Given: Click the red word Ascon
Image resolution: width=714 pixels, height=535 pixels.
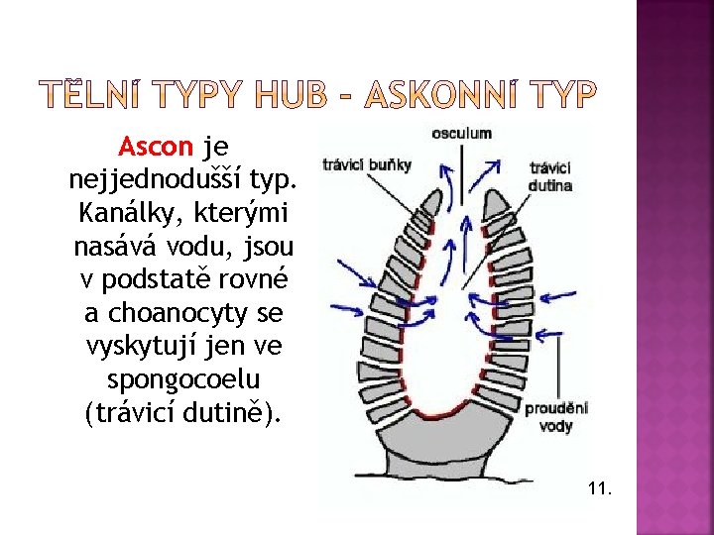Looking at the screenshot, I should click(156, 148).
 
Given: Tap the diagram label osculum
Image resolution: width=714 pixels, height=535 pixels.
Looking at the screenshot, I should click(460, 134).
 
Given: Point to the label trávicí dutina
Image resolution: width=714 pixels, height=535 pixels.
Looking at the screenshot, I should click(549, 176).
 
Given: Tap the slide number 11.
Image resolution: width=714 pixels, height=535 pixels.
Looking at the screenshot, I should click(599, 488).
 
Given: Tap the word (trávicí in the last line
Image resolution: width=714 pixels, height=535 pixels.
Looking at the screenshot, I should click(139, 412).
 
